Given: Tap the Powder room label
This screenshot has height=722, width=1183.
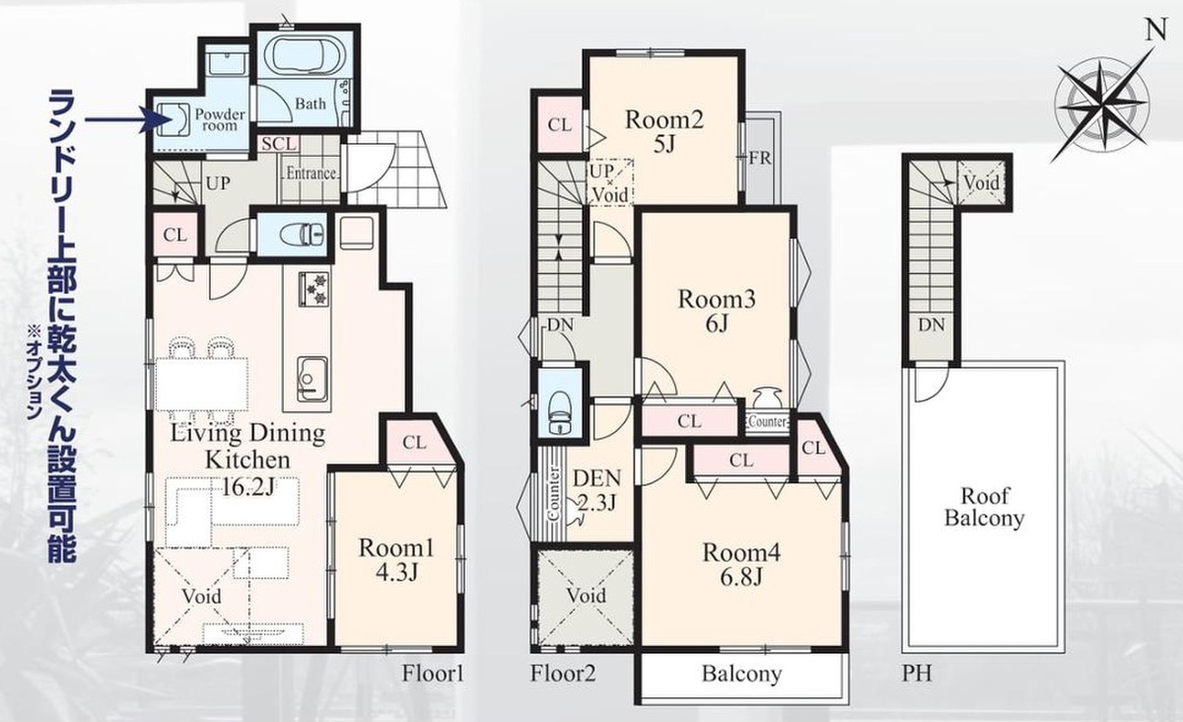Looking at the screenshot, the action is [220, 119].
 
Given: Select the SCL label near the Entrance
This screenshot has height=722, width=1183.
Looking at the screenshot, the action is [280, 144].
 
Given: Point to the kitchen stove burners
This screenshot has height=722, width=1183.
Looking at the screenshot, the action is [314, 289].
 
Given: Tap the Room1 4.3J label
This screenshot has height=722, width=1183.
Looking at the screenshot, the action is [396, 559].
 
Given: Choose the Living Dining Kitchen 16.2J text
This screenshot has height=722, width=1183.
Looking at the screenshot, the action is [247, 460].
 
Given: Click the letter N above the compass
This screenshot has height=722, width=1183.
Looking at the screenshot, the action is [1155, 32].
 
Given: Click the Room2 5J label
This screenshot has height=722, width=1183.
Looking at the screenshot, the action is [664, 131].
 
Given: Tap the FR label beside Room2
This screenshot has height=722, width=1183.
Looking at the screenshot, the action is [760, 158].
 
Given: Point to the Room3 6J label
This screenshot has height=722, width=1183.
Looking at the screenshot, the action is [717, 311].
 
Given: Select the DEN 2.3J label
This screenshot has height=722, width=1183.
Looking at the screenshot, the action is [596, 490].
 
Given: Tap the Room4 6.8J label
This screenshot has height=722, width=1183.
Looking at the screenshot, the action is [741, 565].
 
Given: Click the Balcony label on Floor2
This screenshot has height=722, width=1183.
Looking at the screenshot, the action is [741, 674].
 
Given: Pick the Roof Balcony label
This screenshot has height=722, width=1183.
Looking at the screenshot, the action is [984, 507].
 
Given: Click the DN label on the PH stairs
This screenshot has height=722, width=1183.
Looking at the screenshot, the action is [931, 325].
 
